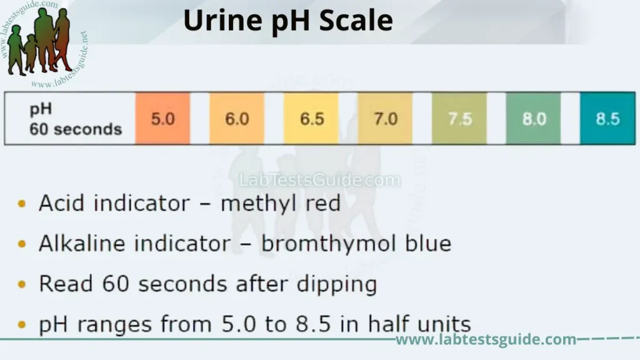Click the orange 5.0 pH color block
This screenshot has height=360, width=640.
162,118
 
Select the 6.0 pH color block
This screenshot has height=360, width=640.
237,118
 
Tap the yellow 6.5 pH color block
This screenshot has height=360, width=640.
311,118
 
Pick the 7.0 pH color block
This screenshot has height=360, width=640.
385,118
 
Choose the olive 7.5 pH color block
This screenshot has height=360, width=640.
459,118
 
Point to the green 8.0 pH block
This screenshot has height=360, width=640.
533,118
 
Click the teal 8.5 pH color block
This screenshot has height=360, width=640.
607,118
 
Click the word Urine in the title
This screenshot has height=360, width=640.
216,21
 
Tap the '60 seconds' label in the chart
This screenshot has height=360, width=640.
75,129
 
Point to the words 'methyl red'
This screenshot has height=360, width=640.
281,204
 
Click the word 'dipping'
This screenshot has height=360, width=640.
335,284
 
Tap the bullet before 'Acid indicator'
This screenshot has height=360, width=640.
22,204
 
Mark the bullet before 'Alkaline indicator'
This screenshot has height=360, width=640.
22,244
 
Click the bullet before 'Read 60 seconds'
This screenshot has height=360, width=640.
22,284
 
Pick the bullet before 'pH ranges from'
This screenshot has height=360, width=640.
22,324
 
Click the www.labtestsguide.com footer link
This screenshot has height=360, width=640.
486,339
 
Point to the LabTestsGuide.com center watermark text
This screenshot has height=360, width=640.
319,181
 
